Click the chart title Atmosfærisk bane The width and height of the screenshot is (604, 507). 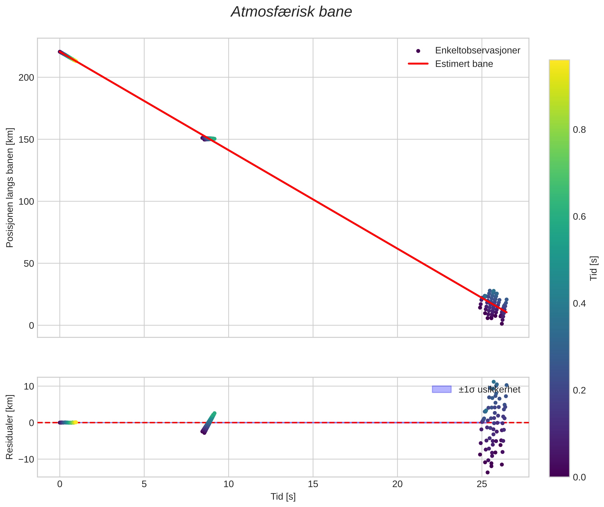click(x=291, y=12)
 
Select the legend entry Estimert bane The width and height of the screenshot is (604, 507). click(x=464, y=64)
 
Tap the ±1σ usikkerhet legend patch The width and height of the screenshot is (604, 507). click(x=441, y=389)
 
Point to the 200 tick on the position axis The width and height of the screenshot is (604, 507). click(x=26, y=78)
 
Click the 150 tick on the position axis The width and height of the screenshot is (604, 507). click(x=26, y=140)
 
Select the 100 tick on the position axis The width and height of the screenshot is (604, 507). click(x=26, y=202)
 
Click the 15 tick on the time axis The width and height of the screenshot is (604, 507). click(x=313, y=484)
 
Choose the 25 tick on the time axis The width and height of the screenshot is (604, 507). click(x=482, y=484)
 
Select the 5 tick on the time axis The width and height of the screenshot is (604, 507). click(x=144, y=484)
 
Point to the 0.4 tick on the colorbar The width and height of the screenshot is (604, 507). click(x=579, y=304)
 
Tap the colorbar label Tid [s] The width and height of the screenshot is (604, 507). click(x=594, y=268)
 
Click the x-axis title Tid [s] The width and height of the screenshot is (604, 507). click(x=283, y=497)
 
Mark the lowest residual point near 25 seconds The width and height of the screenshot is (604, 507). click(x=487, y=472)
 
